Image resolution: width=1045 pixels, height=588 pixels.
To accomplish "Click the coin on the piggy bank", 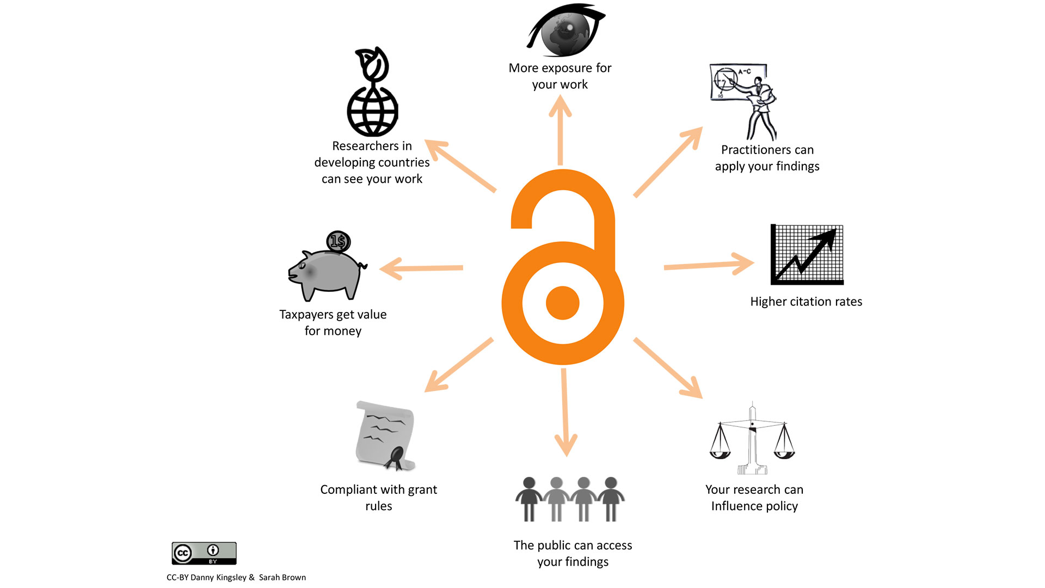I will point(338,241).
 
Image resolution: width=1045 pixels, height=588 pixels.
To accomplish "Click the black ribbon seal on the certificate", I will point(396,457).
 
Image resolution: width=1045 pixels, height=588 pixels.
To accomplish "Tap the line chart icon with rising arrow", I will point(807,254).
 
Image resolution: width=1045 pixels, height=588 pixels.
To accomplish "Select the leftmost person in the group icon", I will point(528,499).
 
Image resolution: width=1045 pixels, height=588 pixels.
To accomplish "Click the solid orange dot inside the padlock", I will point(562,303).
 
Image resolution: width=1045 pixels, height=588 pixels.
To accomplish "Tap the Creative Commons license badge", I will point(204,553).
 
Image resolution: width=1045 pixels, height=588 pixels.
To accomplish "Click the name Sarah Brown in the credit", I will point(282,577).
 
